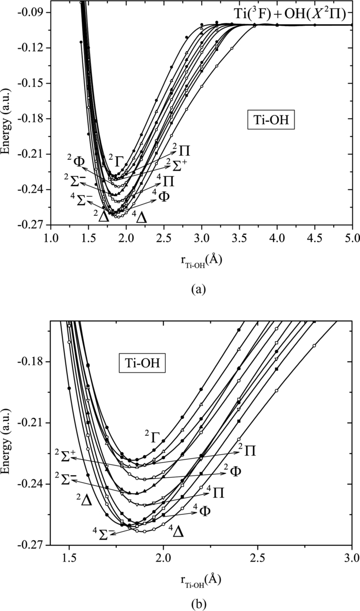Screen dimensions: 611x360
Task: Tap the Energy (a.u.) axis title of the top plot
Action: coord(7,113)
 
